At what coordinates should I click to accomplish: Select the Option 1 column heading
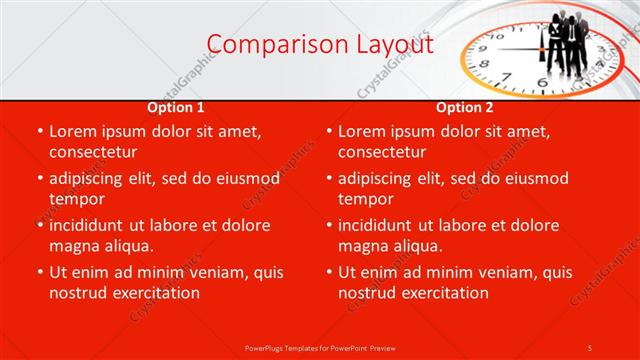tap(176, 107)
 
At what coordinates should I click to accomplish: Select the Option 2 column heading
tap(465, 107)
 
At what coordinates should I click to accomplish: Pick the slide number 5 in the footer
tap(590, 347)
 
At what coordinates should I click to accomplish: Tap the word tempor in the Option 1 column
tap(77, 199)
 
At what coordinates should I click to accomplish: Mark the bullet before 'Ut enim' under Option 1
tap(38, 272)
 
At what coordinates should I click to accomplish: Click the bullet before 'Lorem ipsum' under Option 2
tap(327, 131)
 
